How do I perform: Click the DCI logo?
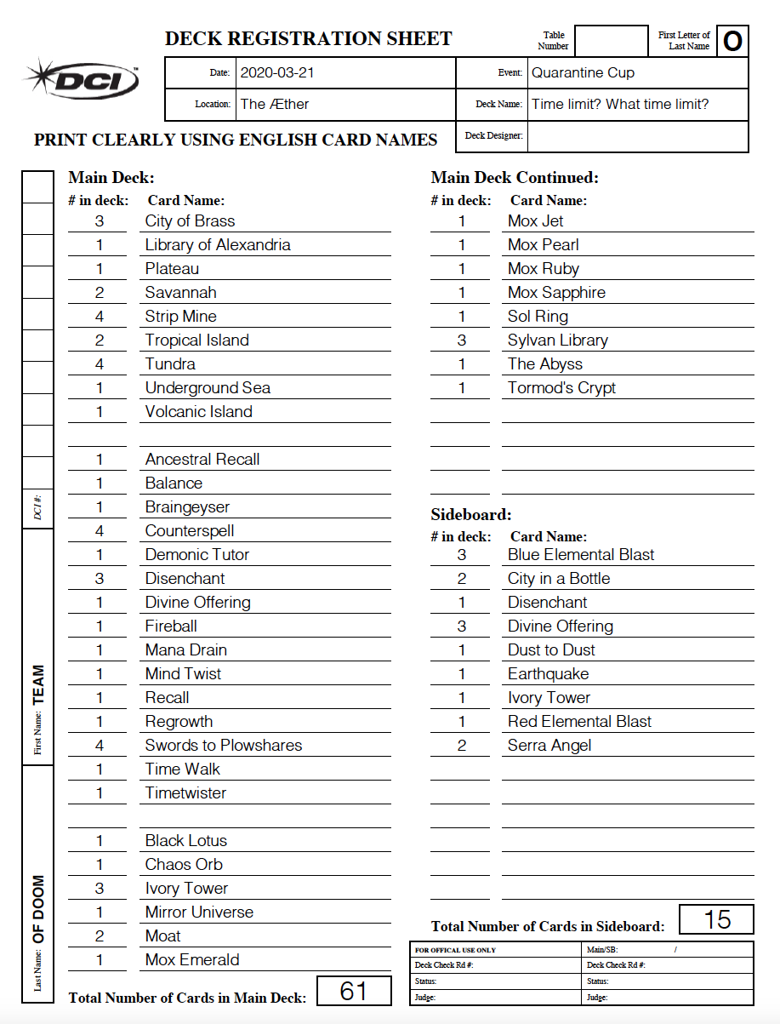click(x=82, y=80)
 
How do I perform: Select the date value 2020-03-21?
click(x=277, y=72)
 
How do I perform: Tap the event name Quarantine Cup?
click(x=583, y=72)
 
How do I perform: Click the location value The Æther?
click(x=275, y=104)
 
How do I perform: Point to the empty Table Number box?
click(x=611, y=41)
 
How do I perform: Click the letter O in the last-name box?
click(x=732, y=41)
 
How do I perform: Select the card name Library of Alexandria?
click(x=218, y=244)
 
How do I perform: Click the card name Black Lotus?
click(x=186, y=840)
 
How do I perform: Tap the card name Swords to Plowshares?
click(x=224, y=745)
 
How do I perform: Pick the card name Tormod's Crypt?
click(x=561, y=387)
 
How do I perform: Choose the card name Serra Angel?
click(x=549, y=745)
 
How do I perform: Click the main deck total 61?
click(x=354, y=991)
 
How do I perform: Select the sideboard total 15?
click(x=717, y=919)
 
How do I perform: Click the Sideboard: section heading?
click(x=471, y=515)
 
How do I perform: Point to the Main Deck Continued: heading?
click(x=515, y=178)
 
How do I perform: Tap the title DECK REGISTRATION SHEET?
click(x=308, y=38)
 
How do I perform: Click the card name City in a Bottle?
click(x=559, y=578)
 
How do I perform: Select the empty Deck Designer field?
click(x=637, y=136)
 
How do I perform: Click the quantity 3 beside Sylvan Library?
click(x=462, y=340)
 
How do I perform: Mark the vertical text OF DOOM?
click(x=38, y=908)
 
